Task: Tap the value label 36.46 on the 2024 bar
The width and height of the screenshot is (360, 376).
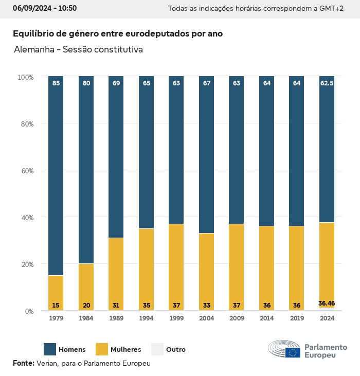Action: [327, 303]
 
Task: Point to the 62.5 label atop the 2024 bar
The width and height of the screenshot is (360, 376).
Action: [327, 83]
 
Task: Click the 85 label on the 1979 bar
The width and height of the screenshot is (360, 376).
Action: [56, 83]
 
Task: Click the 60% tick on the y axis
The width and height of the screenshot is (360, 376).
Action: [26, 171]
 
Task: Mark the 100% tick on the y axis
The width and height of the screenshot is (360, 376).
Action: [25, 77]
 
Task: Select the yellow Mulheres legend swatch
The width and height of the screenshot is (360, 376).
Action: [102, 349]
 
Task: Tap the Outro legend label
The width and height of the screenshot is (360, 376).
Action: [176, 350]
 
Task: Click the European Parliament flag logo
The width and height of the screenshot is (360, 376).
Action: [293, 352]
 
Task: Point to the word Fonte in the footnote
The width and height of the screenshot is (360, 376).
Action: [23, 363]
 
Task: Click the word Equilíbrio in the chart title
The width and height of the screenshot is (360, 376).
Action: [32, 33]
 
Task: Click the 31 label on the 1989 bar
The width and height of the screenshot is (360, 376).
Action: [116, 306]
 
